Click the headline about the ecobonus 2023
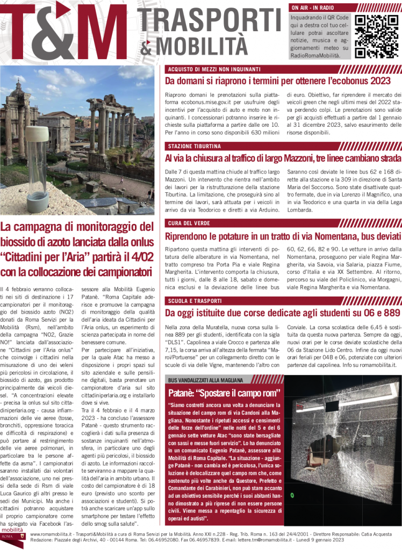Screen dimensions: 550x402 [x=277, y=81]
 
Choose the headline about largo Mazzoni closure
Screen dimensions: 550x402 [x=283, y=158]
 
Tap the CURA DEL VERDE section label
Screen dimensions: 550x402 [x=189, y=223]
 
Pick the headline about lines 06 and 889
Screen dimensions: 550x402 [x=283, y=313]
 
